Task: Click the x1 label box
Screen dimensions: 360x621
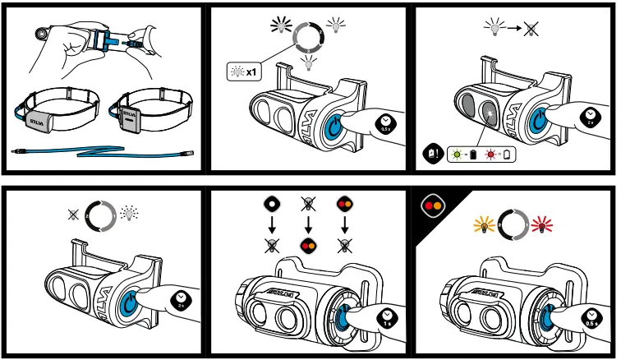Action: [243, 72]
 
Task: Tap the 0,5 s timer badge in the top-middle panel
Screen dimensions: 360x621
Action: [386, 123]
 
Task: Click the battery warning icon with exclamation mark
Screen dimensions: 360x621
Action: [432, 154]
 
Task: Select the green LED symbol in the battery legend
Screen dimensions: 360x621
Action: [456, 154]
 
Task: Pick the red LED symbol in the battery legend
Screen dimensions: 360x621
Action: [492, 154]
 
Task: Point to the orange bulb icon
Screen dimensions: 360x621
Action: [484, 224]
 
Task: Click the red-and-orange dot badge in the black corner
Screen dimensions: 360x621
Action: [431, 203]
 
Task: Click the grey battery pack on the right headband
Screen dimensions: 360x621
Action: [131, 114]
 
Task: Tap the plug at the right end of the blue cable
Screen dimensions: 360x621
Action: [191, 154]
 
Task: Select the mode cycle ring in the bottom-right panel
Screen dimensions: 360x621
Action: [512, 224]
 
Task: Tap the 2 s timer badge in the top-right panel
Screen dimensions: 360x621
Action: [590, 116]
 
